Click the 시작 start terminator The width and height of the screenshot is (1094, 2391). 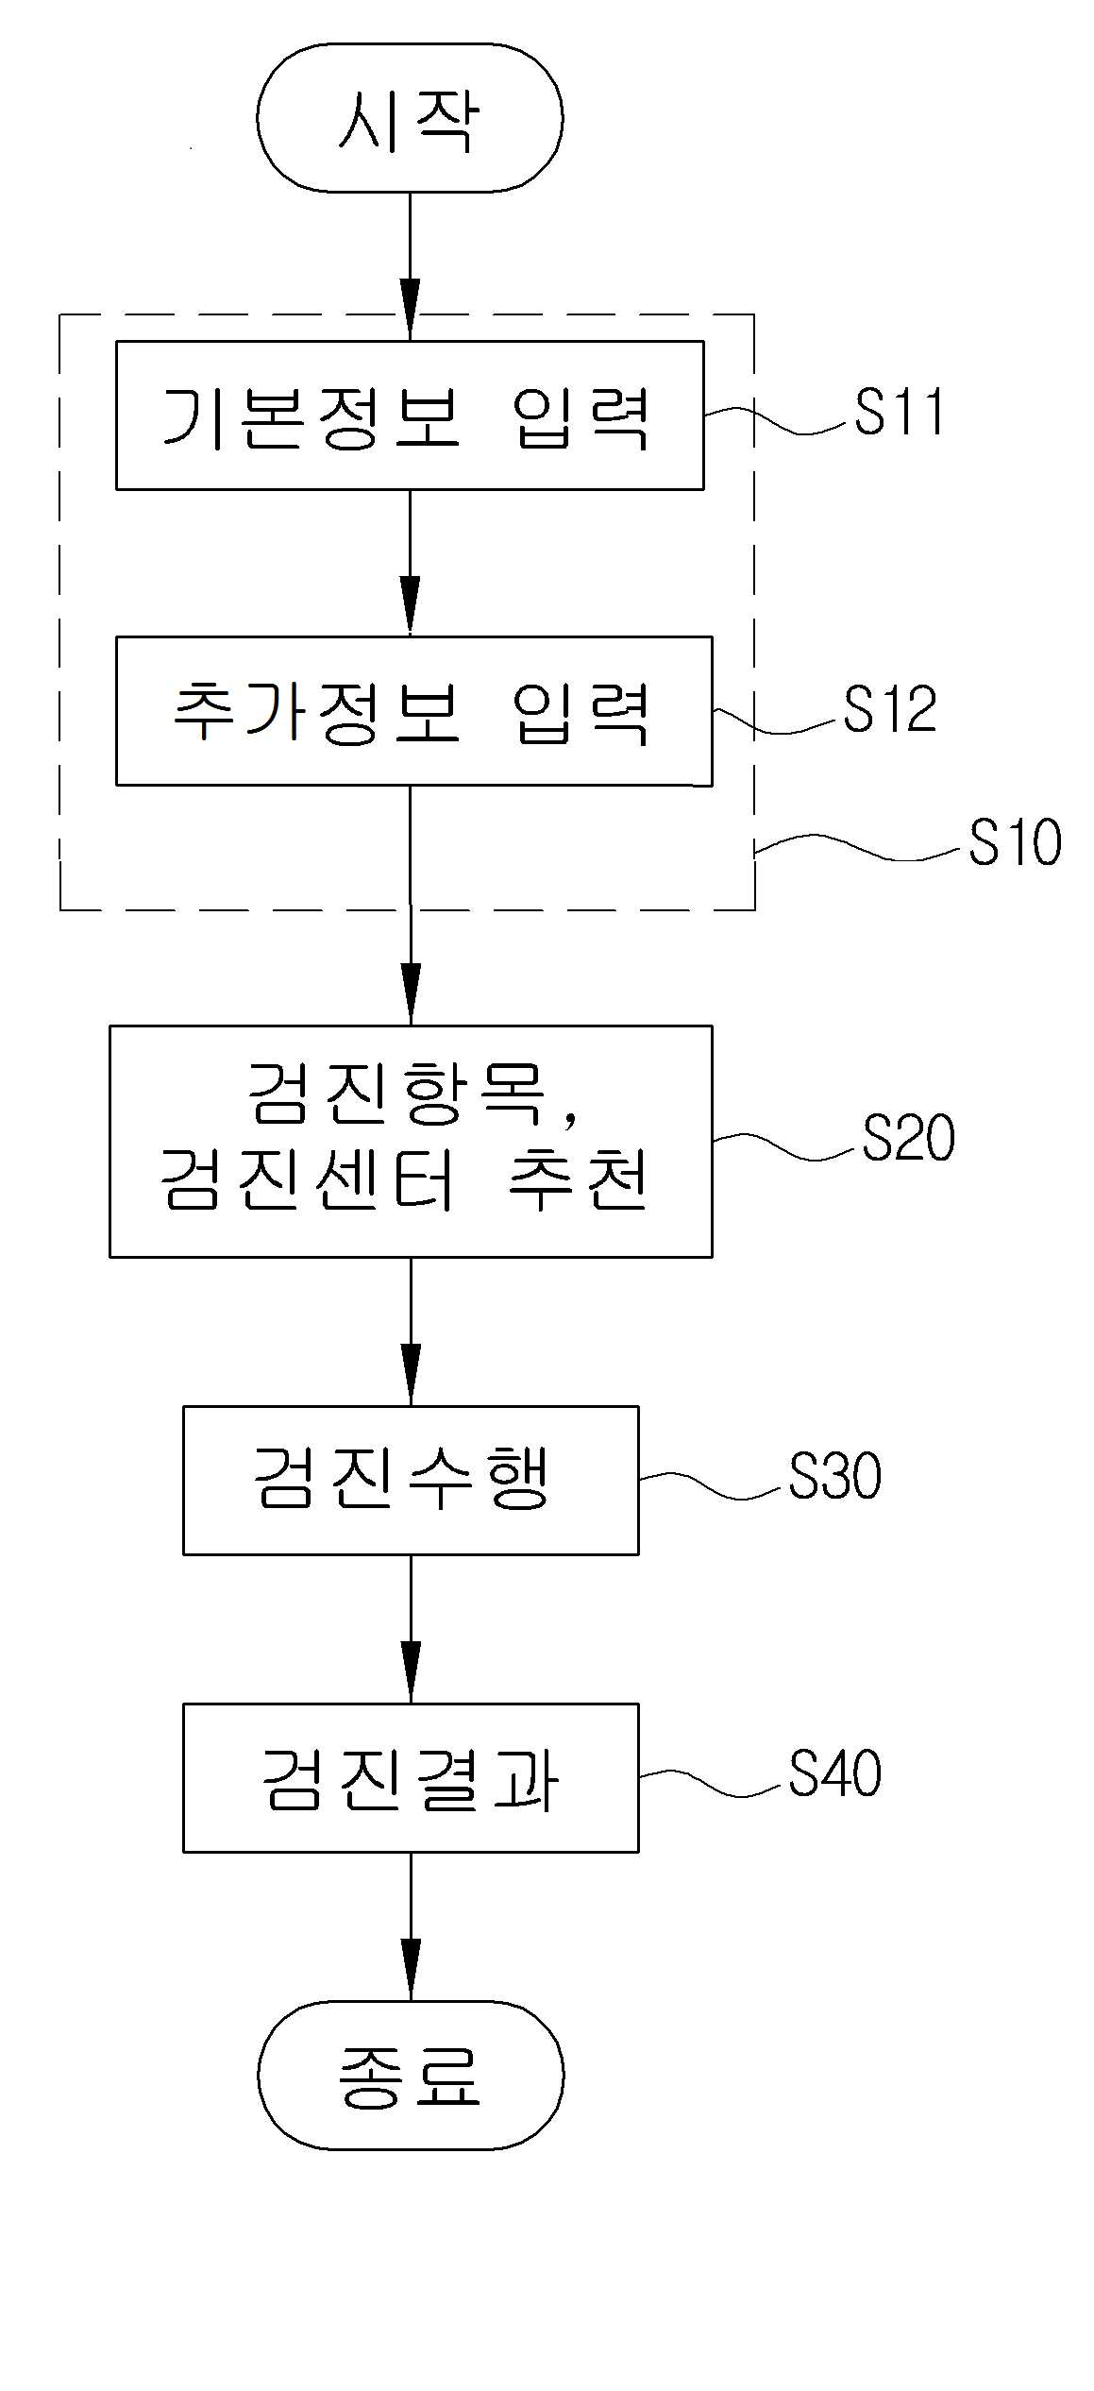pos(410,118)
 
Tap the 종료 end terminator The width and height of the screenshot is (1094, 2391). pos(411,2075)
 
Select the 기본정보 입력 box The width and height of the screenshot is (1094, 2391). pos(410,415)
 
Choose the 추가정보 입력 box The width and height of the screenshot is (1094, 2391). pos(413,711)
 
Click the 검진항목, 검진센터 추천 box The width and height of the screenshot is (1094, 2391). pos(411,1141)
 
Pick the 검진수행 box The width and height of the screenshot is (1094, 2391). pos(411,1480)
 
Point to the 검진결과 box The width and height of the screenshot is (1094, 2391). pos(411,1778)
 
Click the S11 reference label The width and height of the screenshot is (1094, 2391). pos(900,413)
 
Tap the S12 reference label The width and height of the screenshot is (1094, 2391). pos(891,710)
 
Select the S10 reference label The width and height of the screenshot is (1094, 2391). pos(1016,842)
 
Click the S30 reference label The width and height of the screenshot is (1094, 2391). pos(835,1477)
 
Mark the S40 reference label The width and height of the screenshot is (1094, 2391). pos(835,1774)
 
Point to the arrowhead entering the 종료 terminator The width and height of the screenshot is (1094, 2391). pos(411,1970)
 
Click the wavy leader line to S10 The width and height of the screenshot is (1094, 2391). pos(860,847)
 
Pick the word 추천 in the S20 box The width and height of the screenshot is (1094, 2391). pos(579,1180)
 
